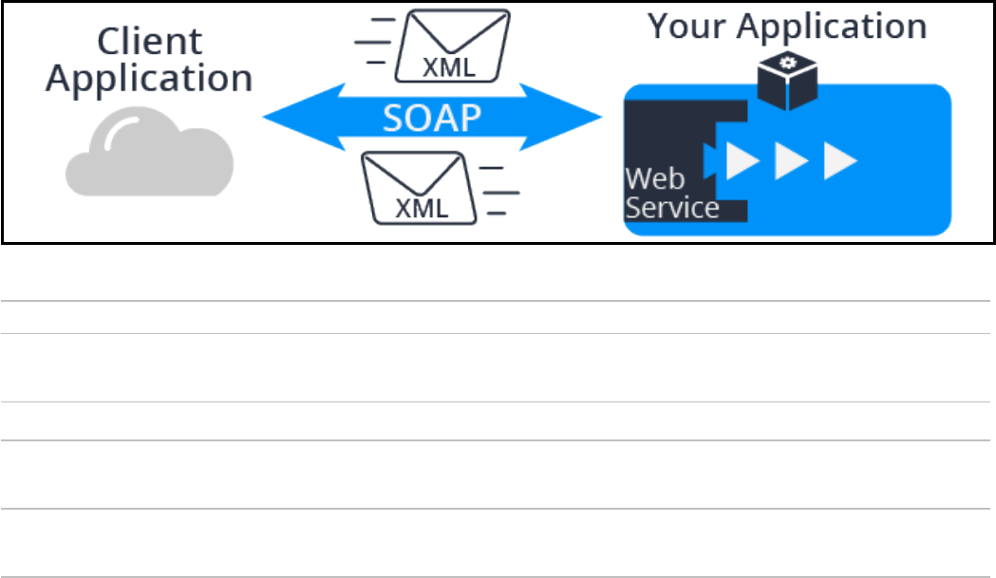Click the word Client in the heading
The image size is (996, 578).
150,43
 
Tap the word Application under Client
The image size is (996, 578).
149,78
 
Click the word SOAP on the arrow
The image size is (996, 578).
432,118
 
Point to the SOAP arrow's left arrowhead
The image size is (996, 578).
285,118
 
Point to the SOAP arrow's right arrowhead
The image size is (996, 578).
579,118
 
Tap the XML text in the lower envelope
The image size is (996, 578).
422,208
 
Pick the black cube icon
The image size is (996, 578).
786,84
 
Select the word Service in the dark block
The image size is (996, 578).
671,207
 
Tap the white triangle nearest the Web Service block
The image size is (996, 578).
742,160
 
